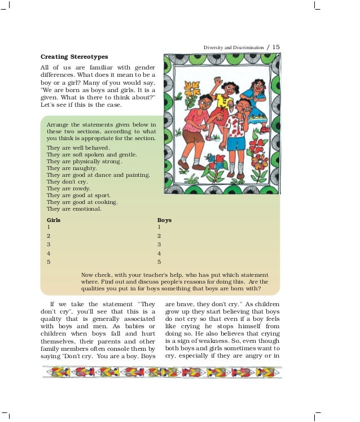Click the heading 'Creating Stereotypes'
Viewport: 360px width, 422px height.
pyautogui.click(x=74, y=57)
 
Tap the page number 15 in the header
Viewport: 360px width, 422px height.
pyautogui.click(x=276, y=47)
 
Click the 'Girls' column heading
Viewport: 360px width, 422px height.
pyautogui.click(x=54, y=220)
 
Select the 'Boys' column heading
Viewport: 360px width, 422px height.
pyautogui.click(x=164, y=220)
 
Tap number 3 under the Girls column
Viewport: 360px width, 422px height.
pyautogui.click(x=49, y=245)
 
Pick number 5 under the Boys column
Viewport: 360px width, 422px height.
pyautogui.click(x=159, y=262)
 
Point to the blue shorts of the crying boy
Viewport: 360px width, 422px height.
pyautogui.click(x=236, y=143)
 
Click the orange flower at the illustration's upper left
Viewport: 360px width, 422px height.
pyautogui.click(x=192, y=89)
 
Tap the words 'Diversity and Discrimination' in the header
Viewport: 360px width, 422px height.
pyautogui.click(x=233, y=47)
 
